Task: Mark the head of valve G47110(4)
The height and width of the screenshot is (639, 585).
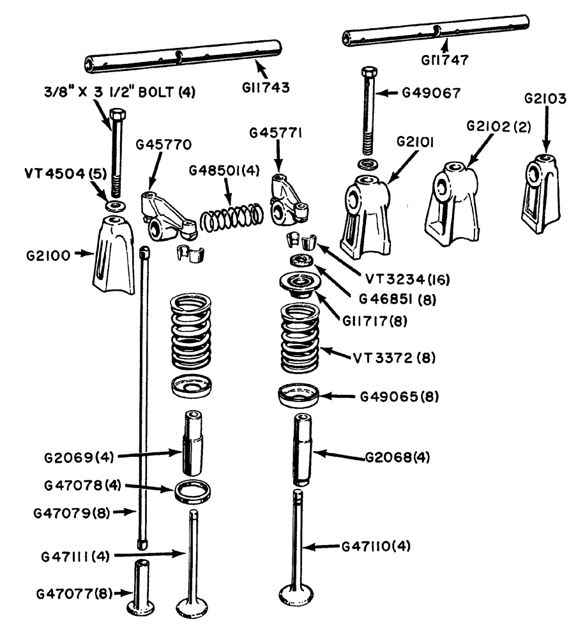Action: (x=298, y=597)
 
